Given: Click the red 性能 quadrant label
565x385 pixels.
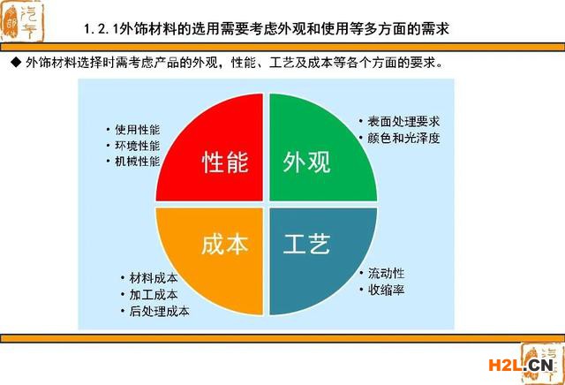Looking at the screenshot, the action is coord(225,162).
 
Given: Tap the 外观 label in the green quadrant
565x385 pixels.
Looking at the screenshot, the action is coord(306,162).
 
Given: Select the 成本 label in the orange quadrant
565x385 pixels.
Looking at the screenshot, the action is coord(225,244).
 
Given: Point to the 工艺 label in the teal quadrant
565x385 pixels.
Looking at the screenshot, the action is coord(306,244).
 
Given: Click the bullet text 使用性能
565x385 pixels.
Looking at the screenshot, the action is coord(138,130).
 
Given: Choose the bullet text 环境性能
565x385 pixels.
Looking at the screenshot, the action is coord(138,146).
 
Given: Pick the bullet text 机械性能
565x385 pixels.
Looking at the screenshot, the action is coord(138,161).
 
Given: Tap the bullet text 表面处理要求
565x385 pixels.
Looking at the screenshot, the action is coord(403,122).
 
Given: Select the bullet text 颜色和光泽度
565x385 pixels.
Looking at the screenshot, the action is coord(403,138).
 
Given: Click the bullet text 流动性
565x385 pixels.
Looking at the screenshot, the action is coord(386,273).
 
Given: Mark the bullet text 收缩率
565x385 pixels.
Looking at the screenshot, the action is coord(386,290).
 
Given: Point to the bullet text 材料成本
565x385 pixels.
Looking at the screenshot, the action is coord(154,278).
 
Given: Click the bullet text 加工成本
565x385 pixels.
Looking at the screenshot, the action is coord(154,295).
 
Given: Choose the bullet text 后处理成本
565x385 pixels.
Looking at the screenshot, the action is coord(159,311).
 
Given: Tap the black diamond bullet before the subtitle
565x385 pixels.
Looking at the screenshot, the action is coord(16,63).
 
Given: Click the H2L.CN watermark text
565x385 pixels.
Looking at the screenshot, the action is coord(521,366).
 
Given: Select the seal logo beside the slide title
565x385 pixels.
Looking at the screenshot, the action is coord(22,21).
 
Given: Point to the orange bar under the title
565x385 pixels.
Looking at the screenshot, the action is coord(282,47).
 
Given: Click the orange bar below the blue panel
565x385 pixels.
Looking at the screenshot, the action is coord(282,338).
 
